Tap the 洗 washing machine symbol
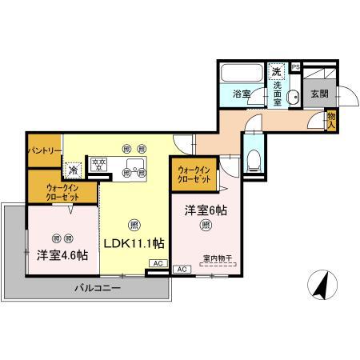(277, 70)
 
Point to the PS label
(295, 66)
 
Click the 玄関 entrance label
(319, 94)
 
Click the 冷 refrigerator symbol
(74, 170)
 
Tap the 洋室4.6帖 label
(62, 256)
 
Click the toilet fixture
(253, 158)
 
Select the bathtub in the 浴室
(242, 75)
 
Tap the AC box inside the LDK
(157, 263)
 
